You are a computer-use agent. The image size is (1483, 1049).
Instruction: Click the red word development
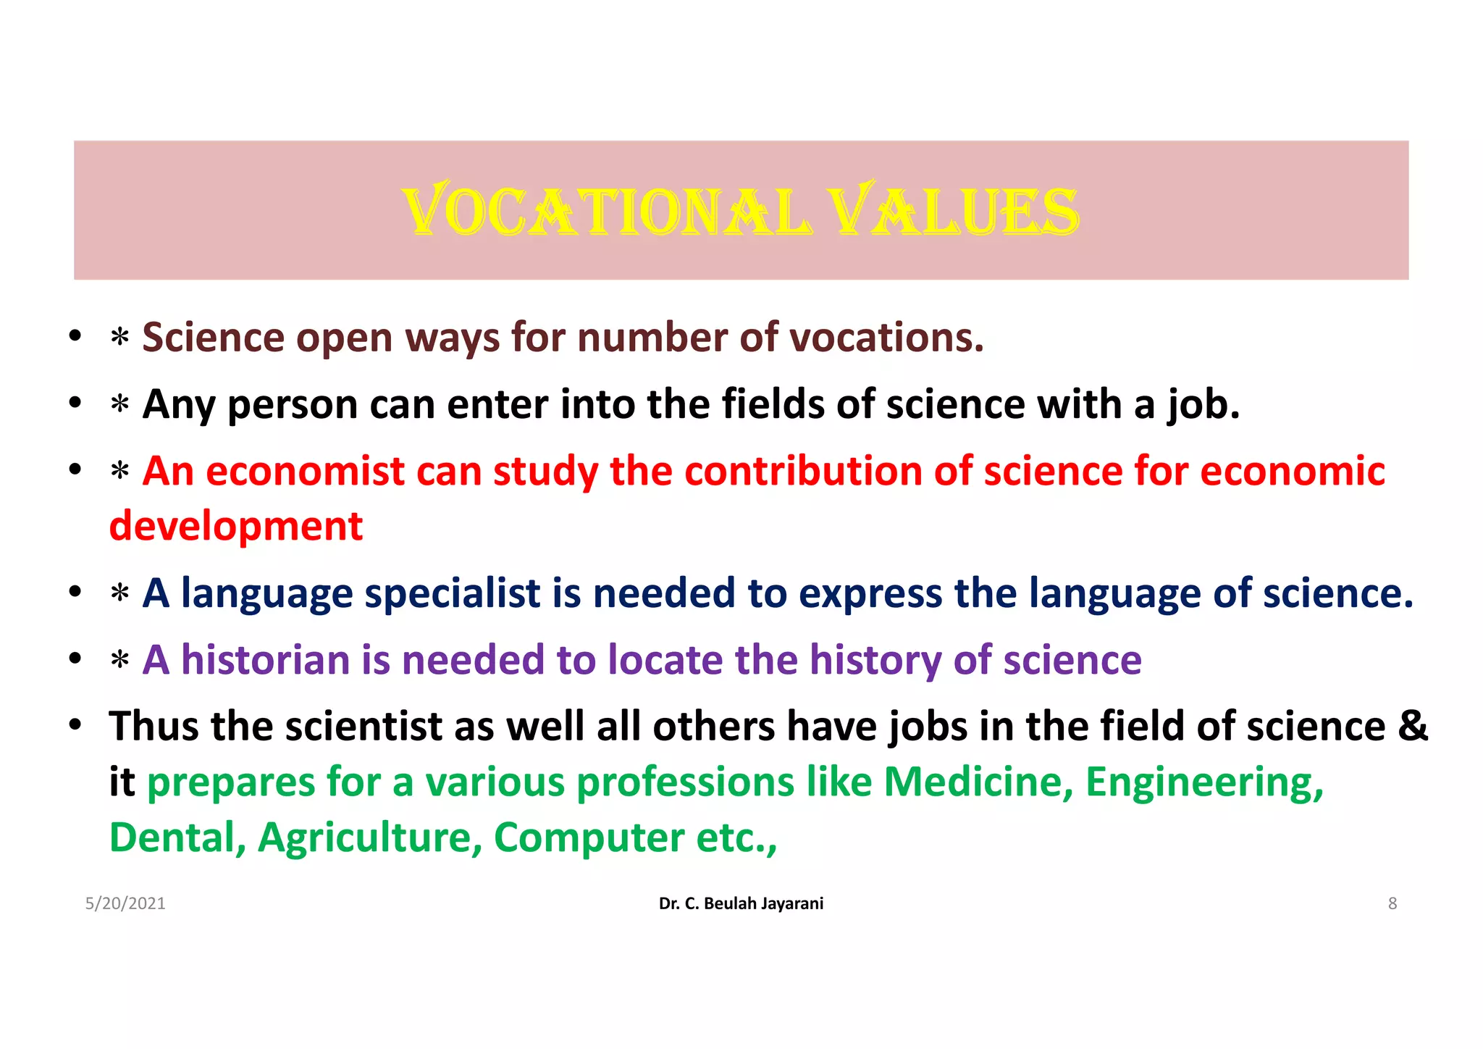click(236, 526)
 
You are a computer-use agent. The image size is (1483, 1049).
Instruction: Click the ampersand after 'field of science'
click(1413, 726)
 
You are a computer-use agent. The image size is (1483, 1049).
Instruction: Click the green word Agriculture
click(370, 838)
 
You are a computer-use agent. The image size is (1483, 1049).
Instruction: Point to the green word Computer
click(589, 838)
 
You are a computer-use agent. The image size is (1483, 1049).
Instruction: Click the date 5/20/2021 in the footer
click(125, 903)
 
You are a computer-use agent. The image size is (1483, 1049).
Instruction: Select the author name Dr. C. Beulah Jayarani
click(741, 903)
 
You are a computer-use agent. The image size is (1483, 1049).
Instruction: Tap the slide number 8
click(1392, 903)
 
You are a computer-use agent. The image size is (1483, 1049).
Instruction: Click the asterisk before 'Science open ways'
click(120, 338)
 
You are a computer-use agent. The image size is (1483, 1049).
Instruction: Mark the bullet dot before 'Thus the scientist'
click(75, 724)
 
